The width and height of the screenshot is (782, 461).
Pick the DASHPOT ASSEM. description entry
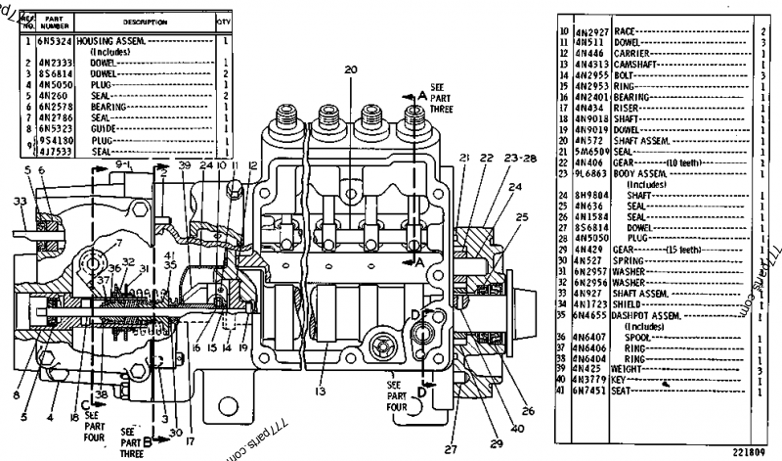[649, 315]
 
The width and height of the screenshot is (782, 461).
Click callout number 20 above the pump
[350, 69]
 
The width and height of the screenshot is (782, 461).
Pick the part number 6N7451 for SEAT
[592, 391]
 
